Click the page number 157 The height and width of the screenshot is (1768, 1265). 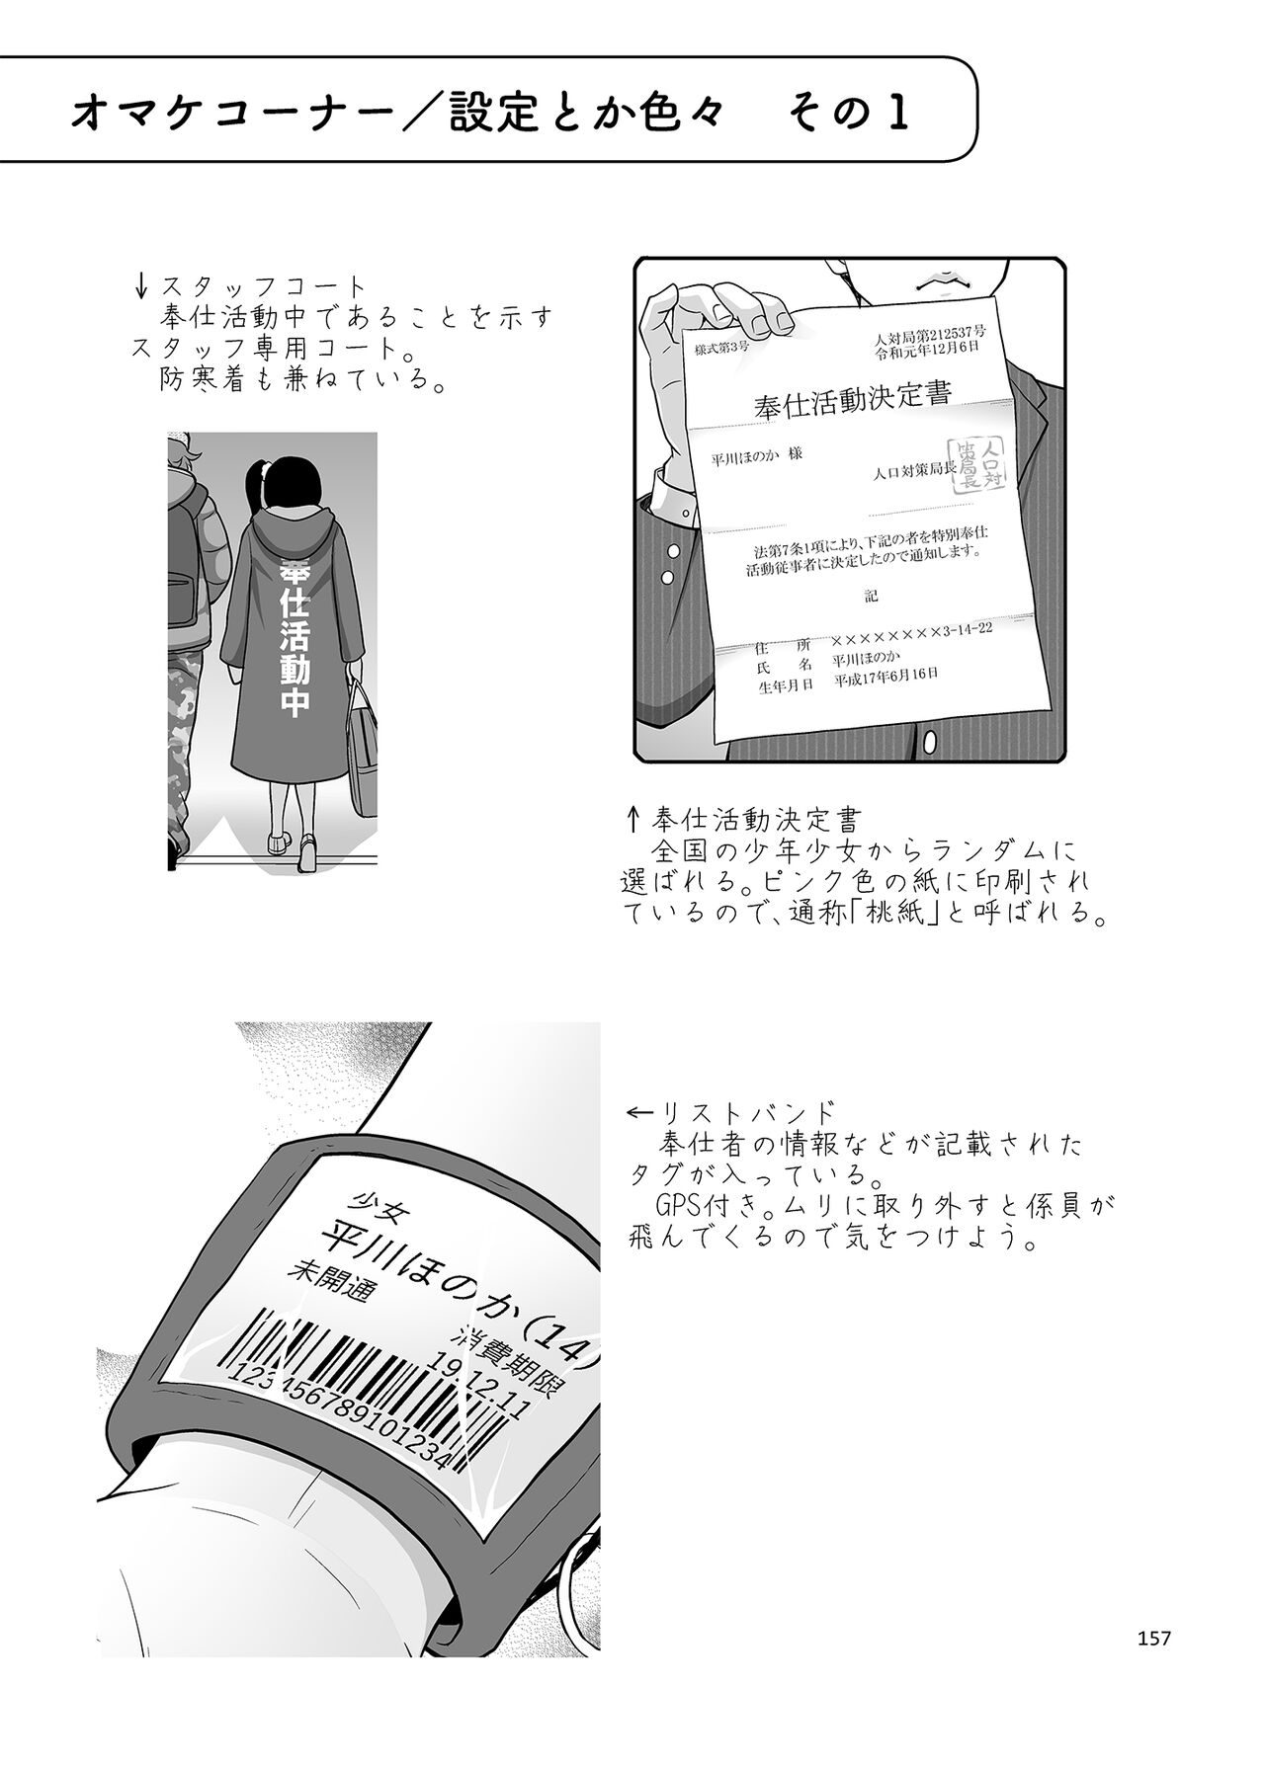tap(1153, 1637)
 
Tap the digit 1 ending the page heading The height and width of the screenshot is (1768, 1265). tap(897, 115)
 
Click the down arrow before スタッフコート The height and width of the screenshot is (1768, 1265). tap(141, 288)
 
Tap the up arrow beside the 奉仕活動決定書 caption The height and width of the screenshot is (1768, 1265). tap(633, 819)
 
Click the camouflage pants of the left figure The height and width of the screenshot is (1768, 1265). tap(187, 751)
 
